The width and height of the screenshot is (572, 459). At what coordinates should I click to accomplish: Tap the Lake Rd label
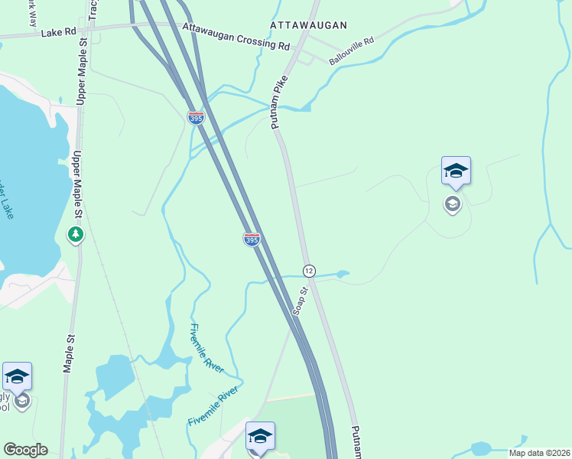click(59, 33)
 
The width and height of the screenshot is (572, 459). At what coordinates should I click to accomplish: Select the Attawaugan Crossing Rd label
click(236, 37)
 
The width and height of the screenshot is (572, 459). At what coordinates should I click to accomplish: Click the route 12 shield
click(309, 271)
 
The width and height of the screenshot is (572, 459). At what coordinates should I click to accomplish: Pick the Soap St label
click(301, 301)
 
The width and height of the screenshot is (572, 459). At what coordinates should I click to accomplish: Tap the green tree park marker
click(75, 234)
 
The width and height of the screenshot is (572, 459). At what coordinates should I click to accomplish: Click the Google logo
click(25, 450)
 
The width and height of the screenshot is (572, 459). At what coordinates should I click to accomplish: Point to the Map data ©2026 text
click(539, 453)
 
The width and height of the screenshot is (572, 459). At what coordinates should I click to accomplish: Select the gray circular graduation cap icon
click(453, 203)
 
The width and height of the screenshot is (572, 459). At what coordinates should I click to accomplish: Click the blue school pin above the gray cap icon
click(456, 171)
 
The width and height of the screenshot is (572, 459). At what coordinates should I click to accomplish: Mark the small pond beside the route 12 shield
click(342, 273)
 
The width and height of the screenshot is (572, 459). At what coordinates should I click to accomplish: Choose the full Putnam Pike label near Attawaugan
click(278, 102)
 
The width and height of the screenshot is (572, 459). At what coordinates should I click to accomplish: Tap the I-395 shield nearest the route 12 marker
click(252, 239)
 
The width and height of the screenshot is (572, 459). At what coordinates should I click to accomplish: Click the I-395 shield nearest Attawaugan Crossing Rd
click(196, 118)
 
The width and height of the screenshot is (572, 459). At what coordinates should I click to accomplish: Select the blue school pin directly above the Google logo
click(17, 376)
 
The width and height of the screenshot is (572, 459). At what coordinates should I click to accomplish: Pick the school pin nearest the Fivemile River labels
click(260, 436)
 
